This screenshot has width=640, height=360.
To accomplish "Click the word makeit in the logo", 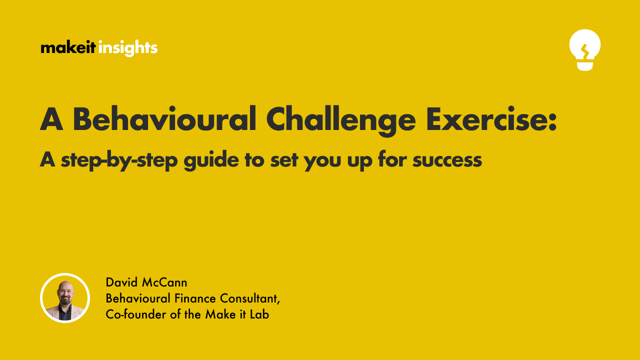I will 68,48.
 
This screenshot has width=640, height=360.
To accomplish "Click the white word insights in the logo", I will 128,48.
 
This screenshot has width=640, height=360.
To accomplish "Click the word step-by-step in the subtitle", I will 119,160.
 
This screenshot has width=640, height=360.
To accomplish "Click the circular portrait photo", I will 65,298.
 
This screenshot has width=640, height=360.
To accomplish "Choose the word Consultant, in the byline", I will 248,299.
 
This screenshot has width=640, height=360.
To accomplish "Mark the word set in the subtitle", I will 285,160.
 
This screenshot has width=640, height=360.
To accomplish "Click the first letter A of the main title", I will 52,119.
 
